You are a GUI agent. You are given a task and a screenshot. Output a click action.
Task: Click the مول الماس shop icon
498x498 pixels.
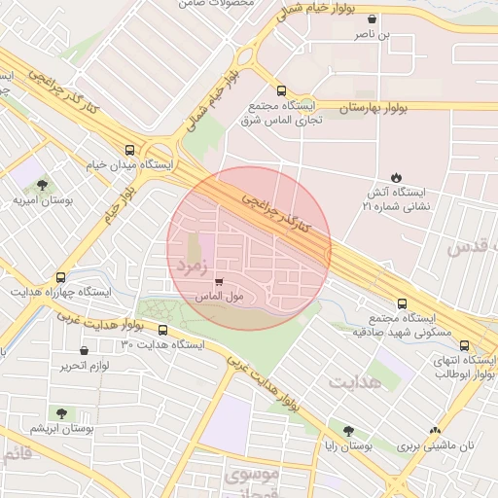218,281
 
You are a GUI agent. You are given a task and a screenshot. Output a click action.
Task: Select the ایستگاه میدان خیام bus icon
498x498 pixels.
129,150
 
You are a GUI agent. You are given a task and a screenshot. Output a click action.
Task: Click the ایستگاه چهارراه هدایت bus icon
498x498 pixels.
61,277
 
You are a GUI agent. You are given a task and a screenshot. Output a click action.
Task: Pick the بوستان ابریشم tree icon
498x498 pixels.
62,413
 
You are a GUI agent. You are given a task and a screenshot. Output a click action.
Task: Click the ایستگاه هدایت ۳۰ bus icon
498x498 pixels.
162,330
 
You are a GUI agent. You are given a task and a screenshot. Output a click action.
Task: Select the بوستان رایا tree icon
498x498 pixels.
348,431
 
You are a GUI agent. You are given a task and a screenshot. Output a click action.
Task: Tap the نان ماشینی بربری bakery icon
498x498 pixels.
435,431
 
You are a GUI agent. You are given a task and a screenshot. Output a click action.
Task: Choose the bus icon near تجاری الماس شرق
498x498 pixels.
282,90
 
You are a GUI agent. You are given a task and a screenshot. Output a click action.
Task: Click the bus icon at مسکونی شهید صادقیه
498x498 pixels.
402,302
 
